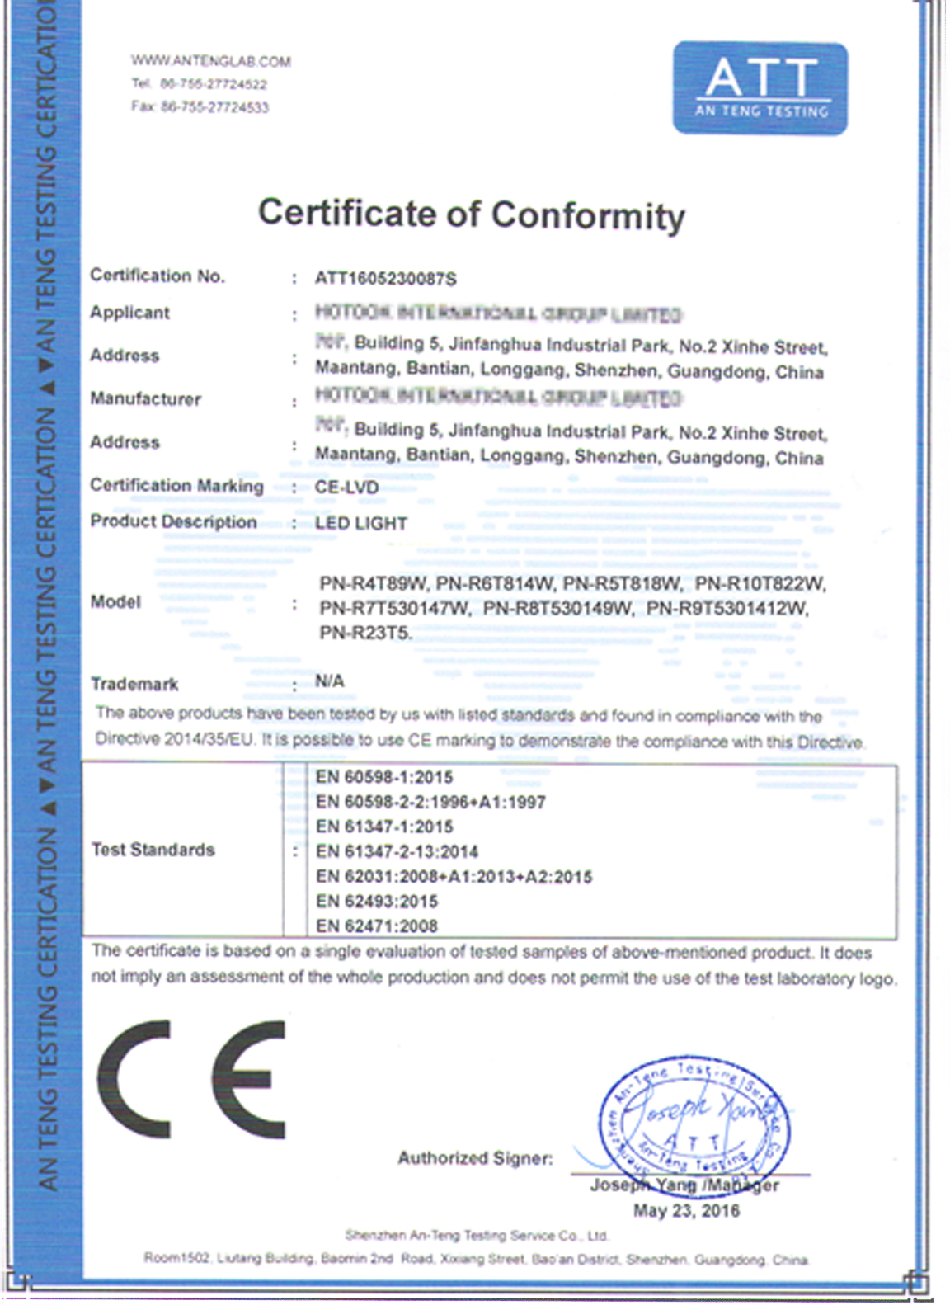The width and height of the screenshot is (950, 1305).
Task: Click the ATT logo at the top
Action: pyautogui.click(x=760, y=87)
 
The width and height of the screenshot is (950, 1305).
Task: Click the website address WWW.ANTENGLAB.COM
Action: pyautogui.click(x=210, y=61)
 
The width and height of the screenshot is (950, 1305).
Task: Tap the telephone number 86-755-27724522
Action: pyautogui.click(x=213, y=84)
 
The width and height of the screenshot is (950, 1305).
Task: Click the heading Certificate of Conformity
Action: pyautogui.click(x=472, y=214)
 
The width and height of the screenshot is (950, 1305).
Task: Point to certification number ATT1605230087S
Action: pyautogui.click(x=385, y=279)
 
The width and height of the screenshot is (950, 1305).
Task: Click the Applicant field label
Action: pyautogui.click(x=129, y=313)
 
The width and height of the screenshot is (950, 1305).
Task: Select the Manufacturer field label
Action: pyautogui.click(x=145, y=399)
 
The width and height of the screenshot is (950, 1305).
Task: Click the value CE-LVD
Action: pyautogui.click(x=346, y=488)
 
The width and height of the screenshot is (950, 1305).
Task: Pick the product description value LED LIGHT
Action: pyautogui.click(x=360, y=524)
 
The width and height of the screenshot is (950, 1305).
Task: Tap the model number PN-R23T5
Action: pyautogui.click(x=364, y=634)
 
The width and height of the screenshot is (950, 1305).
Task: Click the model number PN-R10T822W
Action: pyautogui.click(x=760, y=584)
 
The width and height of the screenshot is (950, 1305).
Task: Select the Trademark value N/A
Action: pyautogui.click(x=329, y=681)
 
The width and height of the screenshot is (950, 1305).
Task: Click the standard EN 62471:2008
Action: pyautogui.click(x=376, y=926)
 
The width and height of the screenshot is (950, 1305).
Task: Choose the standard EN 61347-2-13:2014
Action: pyautogui.click(x=397, y=851)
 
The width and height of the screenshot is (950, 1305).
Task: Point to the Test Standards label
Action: pyautogui.click(x=153, y=850)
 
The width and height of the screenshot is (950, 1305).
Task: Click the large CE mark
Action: pyautogui.click(x=191, y=1080)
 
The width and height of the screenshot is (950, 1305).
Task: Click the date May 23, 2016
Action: pyautogui.click(x=686, y=1211)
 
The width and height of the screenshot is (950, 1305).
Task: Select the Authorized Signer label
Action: pyautogui.click(x=475, y=1158)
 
